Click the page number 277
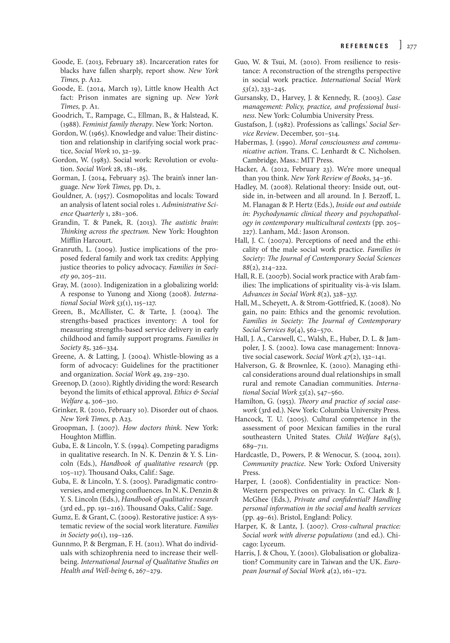pos(411,46)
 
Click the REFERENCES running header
pos(365,46)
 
